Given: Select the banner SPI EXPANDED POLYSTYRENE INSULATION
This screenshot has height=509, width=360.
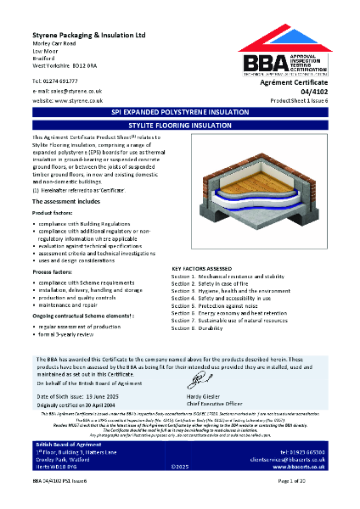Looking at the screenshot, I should (179, 111).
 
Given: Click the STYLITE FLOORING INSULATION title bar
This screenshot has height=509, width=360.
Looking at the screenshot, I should (179, 123).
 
